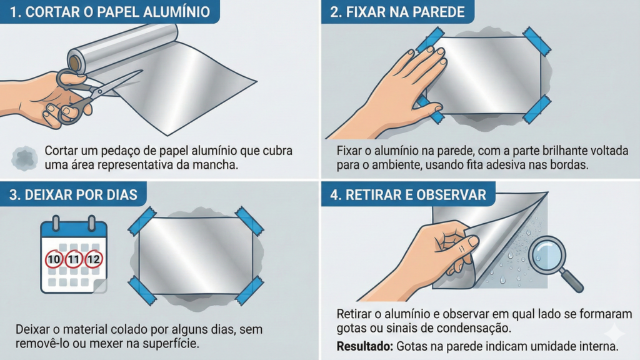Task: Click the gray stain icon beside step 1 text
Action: [x=24, y=158]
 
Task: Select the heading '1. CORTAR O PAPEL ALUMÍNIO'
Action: [x=109, y=12]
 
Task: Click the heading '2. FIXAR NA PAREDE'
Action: [x=397, y=12]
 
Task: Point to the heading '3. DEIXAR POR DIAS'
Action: [x=73, y=195]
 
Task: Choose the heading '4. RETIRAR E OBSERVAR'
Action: [x=407, y=195]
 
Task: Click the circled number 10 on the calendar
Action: [x=54, y=259]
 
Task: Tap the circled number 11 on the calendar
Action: [x=74, y=259]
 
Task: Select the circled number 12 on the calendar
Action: [x=94, y=259]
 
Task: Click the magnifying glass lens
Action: [x=547, y=256]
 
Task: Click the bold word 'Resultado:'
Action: [x=364, y=346]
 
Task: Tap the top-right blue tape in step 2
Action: [x=537, y=41]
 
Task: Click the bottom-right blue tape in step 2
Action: [x=537, y=109]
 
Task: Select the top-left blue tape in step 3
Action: [x=142, y=221]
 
